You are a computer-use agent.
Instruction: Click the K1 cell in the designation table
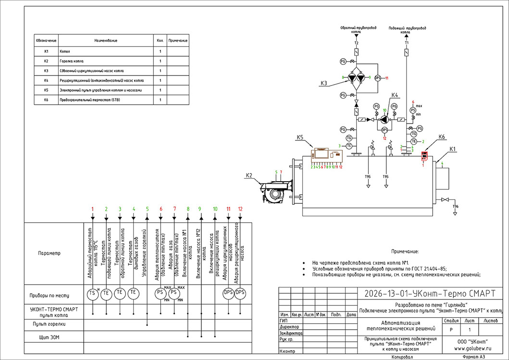(46, 51)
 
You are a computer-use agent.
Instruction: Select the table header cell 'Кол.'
(160, 40)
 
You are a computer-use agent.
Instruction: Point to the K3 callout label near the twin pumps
(324, 84)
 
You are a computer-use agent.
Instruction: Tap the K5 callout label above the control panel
(300, 138)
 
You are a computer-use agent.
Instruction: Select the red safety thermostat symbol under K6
(424, 156)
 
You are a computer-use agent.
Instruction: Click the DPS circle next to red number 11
(377, 78)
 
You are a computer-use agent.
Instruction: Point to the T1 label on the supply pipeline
(407, 43)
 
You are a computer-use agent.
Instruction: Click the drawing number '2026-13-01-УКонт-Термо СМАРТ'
(430, 293)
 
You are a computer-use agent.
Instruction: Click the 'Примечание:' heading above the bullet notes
(405, 251)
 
